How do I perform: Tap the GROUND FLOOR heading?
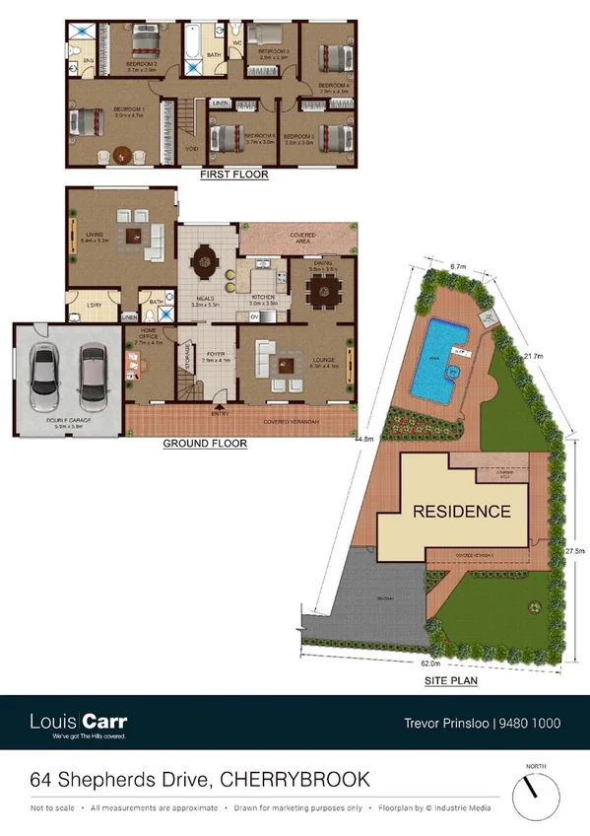click(204, 444)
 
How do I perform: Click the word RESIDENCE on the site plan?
click(461, 512)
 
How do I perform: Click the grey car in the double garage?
click(43, 379)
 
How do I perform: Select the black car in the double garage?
click(91, 379)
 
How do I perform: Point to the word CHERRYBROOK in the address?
click(295, 780)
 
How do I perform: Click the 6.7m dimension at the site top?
click(456, 266)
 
